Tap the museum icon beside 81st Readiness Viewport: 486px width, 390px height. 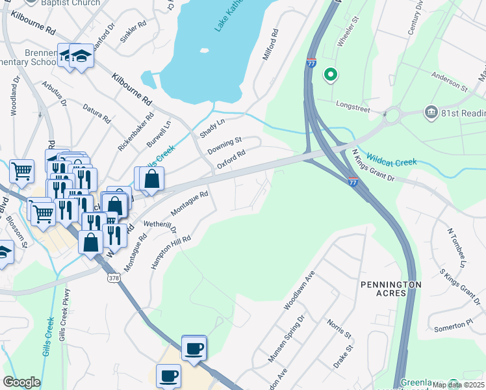(430, 113)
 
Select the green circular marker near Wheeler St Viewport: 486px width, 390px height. (331, 75)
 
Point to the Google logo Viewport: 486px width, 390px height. (21, 382)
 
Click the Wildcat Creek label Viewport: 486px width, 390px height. (390, 158)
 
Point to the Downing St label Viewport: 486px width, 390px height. (224, 145)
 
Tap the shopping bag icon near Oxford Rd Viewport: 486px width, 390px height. (151, 179)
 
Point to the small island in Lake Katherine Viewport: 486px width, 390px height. (204, 50)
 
